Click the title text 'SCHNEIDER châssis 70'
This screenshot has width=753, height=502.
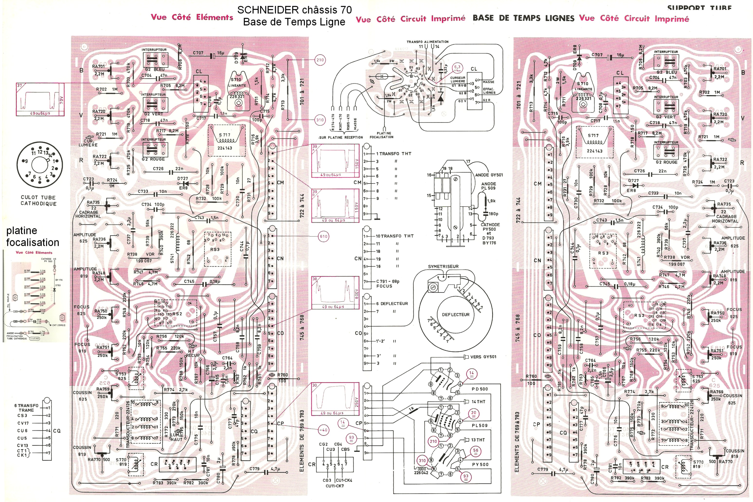point(294,10)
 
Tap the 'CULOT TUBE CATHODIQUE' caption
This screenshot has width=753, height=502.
point(38,200)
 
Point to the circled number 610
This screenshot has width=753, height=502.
point(323,237)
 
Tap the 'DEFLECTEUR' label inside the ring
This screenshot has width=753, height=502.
point(456,315)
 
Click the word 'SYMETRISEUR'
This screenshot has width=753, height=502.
point(443,267)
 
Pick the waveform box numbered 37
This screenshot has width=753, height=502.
point(40,99)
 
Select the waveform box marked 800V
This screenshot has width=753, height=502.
point(335,293)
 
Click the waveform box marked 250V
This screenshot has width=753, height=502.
point(335,399)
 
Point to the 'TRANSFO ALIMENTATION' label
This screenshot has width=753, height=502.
point(427,42)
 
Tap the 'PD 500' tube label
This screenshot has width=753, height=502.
point(480,389)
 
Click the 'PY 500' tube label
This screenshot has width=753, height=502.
point(480,465)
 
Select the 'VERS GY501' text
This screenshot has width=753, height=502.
point(483,357)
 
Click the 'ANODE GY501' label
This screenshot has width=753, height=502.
point(489,175)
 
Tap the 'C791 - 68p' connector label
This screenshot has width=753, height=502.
point(387,281)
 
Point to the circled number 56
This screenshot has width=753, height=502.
point(476,450)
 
